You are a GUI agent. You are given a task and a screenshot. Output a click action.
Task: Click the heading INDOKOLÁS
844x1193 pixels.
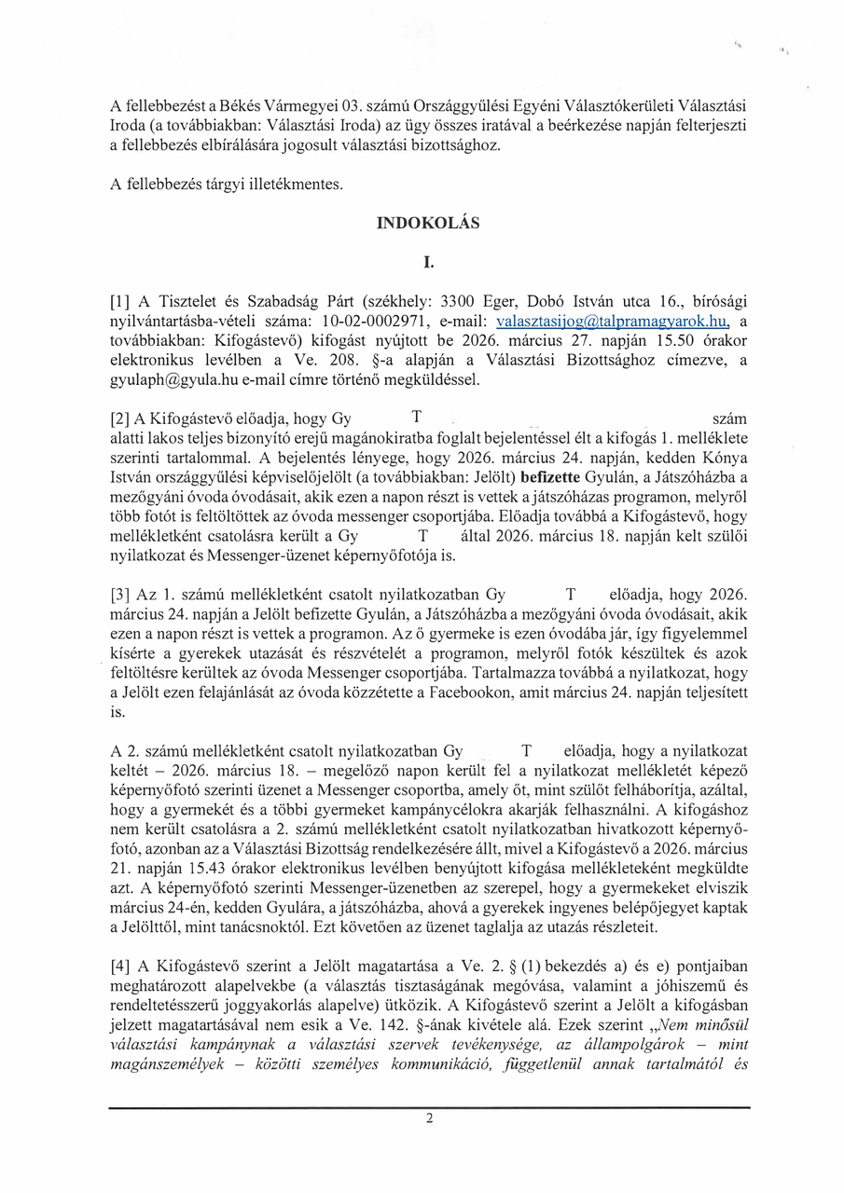coord(428,224)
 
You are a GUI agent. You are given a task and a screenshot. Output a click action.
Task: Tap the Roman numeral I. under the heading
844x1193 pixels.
coord(428,263)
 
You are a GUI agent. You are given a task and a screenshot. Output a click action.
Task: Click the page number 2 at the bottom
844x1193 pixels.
coord(429,1119)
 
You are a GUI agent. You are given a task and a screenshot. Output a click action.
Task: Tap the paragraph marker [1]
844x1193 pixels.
coord(120,302)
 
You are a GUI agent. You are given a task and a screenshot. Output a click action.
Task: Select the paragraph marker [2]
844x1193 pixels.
coord(120,418)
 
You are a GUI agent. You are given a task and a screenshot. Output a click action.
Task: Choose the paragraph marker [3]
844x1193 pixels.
coord(120,595)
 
